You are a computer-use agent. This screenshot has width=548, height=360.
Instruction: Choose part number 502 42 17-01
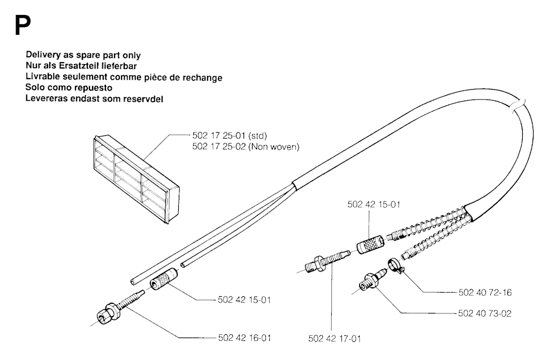(x=334, y=338)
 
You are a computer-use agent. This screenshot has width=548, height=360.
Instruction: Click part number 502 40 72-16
(x=485, y=293)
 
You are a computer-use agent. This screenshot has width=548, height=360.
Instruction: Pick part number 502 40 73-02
(x=485, y=313)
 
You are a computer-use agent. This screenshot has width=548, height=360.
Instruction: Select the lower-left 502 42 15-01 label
(x=243, y=300)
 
